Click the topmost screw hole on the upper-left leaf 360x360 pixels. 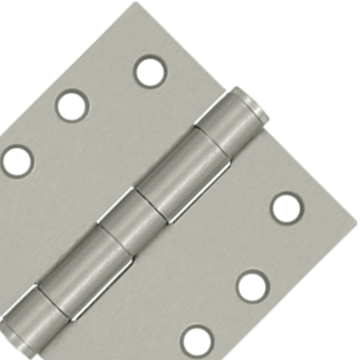pos(150,71)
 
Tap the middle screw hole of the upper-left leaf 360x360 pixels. pos(72,105)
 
